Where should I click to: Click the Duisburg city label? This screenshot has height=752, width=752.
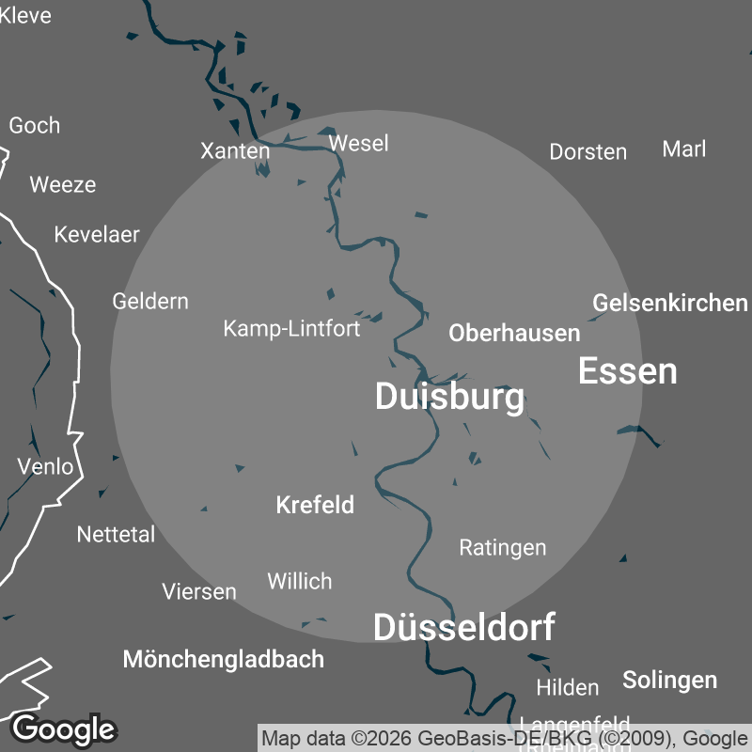(449, 397)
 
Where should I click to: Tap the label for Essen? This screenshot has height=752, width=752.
(627, 371)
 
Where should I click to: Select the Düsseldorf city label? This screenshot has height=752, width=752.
(464, 627)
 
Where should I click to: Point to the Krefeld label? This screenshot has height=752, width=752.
(315, 505)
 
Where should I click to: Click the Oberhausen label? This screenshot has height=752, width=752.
(514, 333)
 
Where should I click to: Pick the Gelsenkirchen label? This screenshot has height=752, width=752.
(669, 303)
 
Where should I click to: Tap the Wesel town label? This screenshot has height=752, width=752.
(358, 143)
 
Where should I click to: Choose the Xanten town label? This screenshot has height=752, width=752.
(235, 150)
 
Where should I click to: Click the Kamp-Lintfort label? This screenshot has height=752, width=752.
(291, 328)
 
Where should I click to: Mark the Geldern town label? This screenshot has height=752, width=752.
(150, 301)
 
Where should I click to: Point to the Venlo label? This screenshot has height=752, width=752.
(45, 466)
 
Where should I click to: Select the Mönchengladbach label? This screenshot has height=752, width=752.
(224, 659)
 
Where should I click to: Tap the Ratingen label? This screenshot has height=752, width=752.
(502, 547)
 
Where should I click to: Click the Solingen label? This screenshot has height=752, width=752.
(669, 680)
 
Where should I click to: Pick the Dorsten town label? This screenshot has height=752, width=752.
(587, 151)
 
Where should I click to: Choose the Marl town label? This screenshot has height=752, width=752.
(683, 149)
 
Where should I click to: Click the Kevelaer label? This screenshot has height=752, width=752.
(97, 234)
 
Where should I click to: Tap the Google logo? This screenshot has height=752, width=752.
(63, 728)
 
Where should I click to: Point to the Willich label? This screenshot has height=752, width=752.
(299, 581)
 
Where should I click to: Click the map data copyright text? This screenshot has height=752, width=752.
(503, 738)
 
